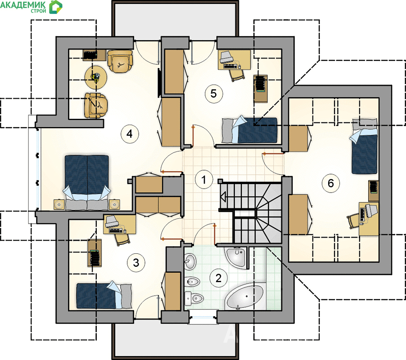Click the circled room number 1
(x=204, y=180)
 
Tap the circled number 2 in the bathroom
(x=219, y=278)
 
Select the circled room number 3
(x=136, y=263)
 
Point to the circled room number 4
(x=130, y=134)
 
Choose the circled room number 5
(x=214, y=94)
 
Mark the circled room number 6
(x=331, y=183)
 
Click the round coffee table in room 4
(x=96, y=77)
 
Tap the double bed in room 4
(x=87, y=182)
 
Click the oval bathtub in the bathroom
(x=244, y=297)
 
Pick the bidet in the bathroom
(x=192, y=282)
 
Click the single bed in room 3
(x=104, y=296)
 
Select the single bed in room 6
(x=364, y=146)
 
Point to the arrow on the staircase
(x=223, y=196)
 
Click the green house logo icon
(x=56, y=7)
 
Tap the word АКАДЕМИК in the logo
(x=23, y=4)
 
